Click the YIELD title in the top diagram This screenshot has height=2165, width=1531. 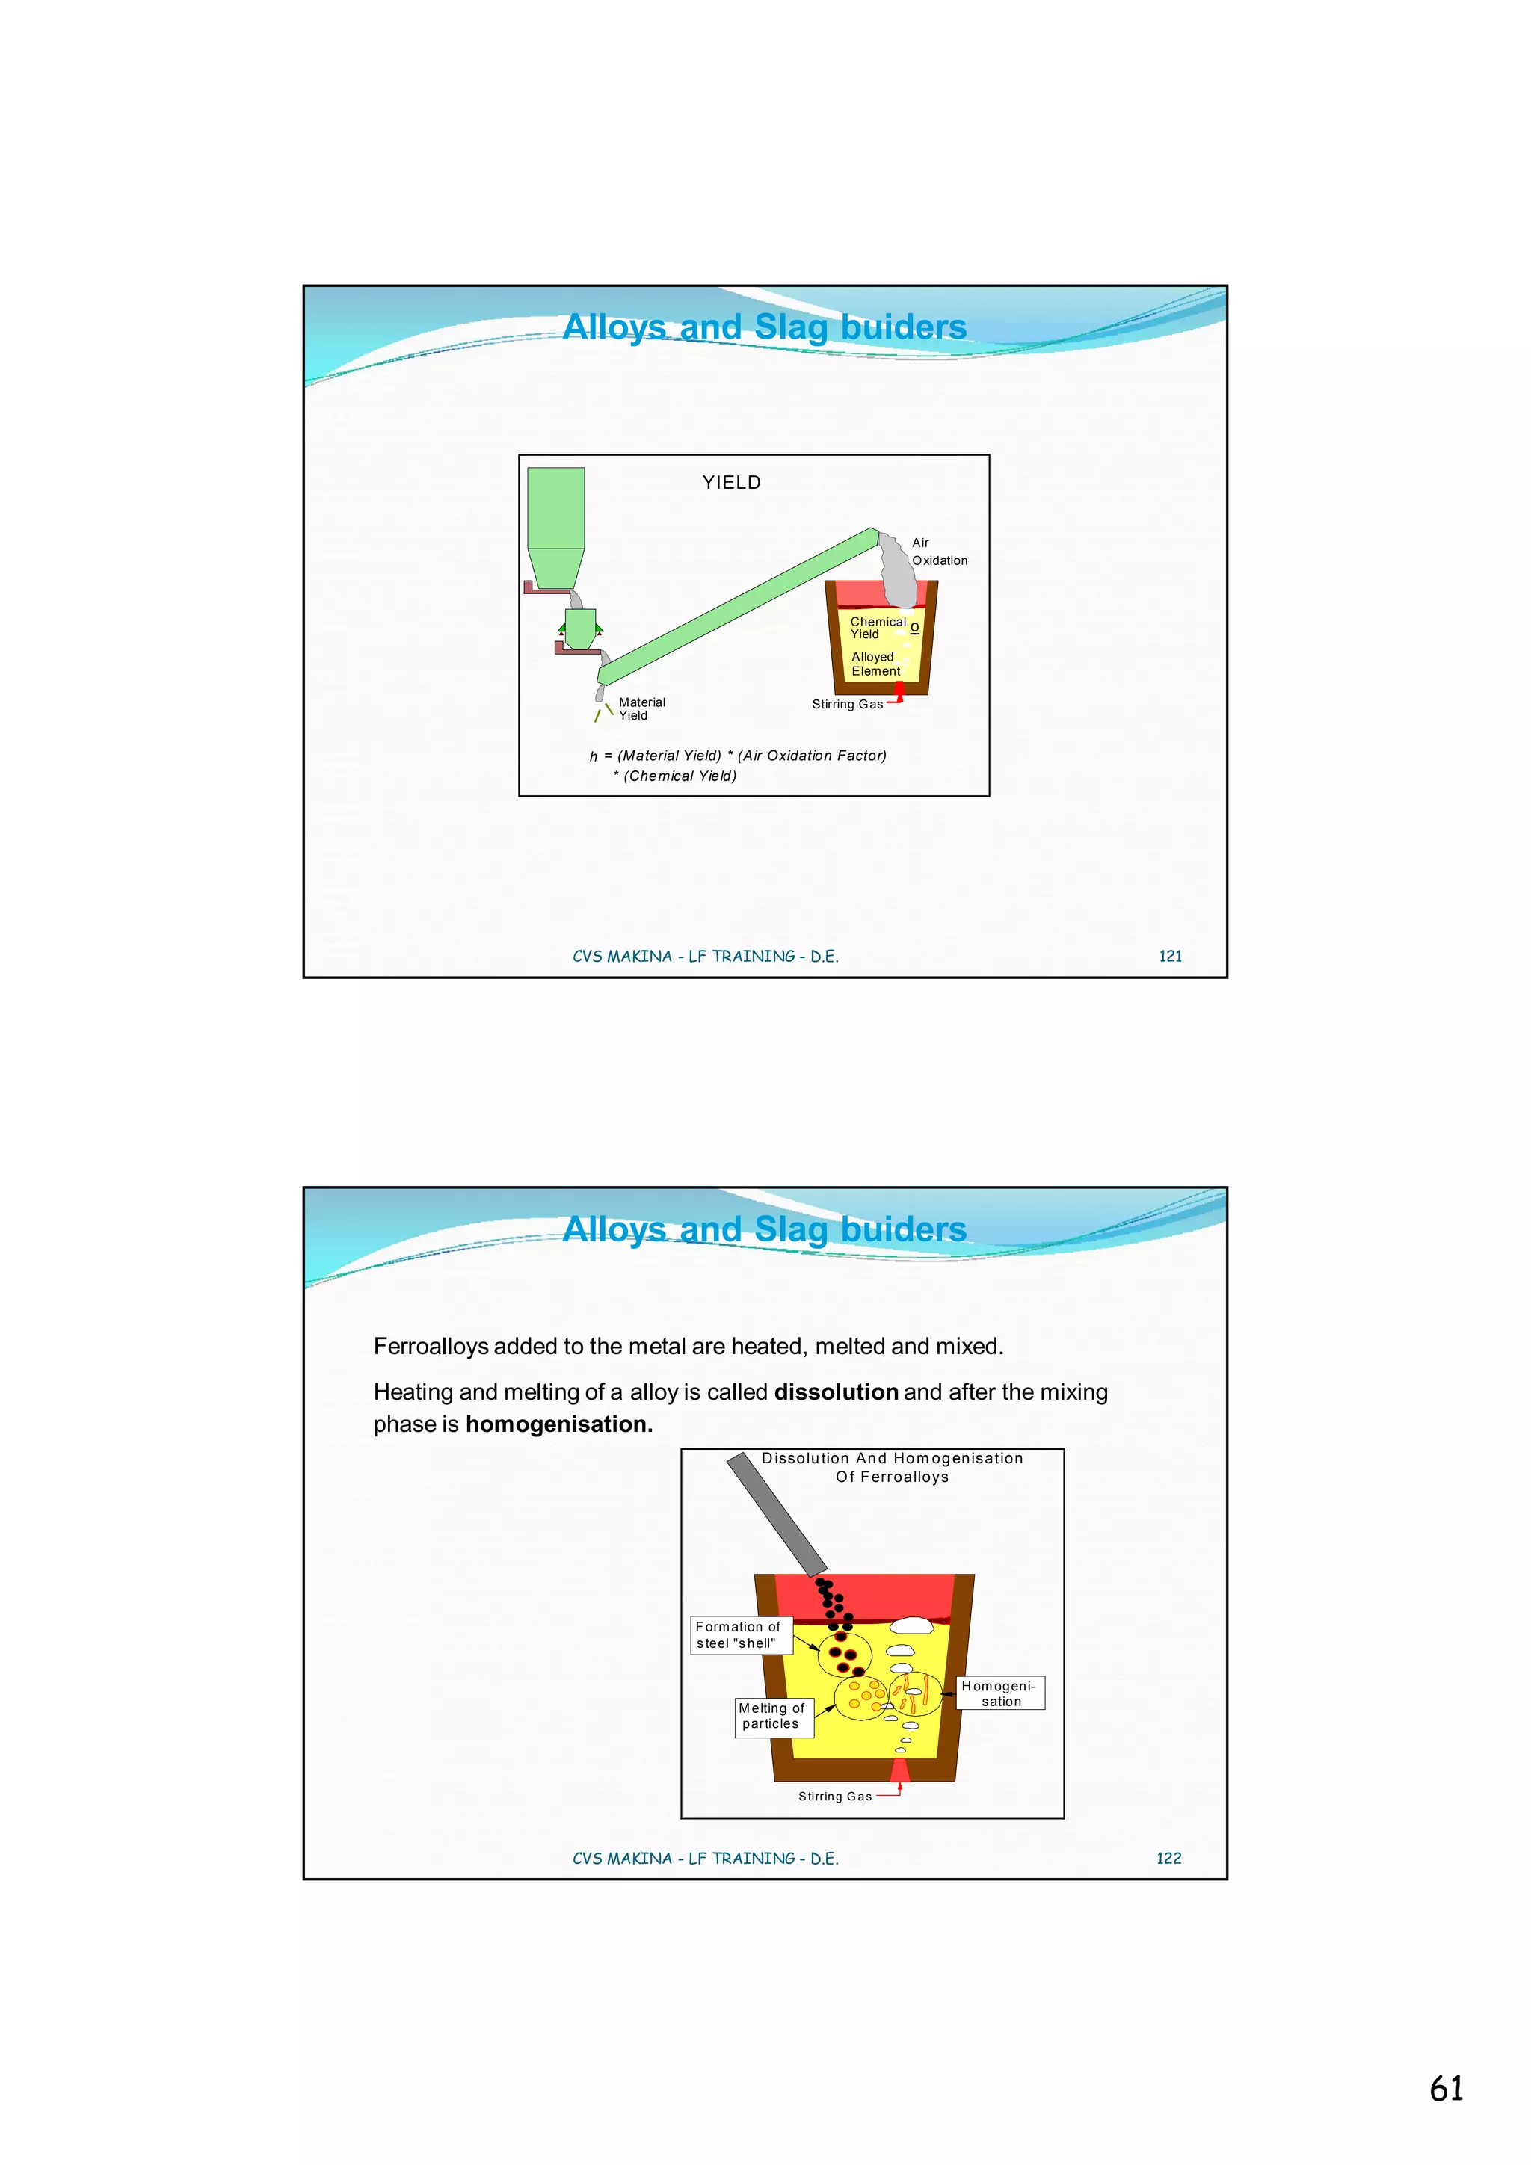point(731,483)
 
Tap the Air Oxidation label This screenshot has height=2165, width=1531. point(939,552)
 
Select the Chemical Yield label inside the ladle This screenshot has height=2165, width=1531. point(878,628)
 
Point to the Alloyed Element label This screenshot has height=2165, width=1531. point(875,664)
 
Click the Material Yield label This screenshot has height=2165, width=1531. point(641,709)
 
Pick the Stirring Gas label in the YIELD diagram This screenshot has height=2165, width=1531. point(847,705)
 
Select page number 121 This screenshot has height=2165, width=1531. point(1170,956)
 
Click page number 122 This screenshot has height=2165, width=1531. point(1168,1859)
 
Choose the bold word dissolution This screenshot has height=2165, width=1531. point(836,1393)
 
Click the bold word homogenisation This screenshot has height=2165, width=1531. point(558,1425)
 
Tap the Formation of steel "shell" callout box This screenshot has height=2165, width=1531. point(738,1635)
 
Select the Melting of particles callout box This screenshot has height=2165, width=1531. point(771,1716)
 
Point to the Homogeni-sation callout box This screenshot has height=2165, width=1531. point(1000,1693)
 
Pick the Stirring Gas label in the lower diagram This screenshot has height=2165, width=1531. point(835,1797)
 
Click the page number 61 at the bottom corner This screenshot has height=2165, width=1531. point(1446,2089)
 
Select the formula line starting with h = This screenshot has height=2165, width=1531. point(738,756)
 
